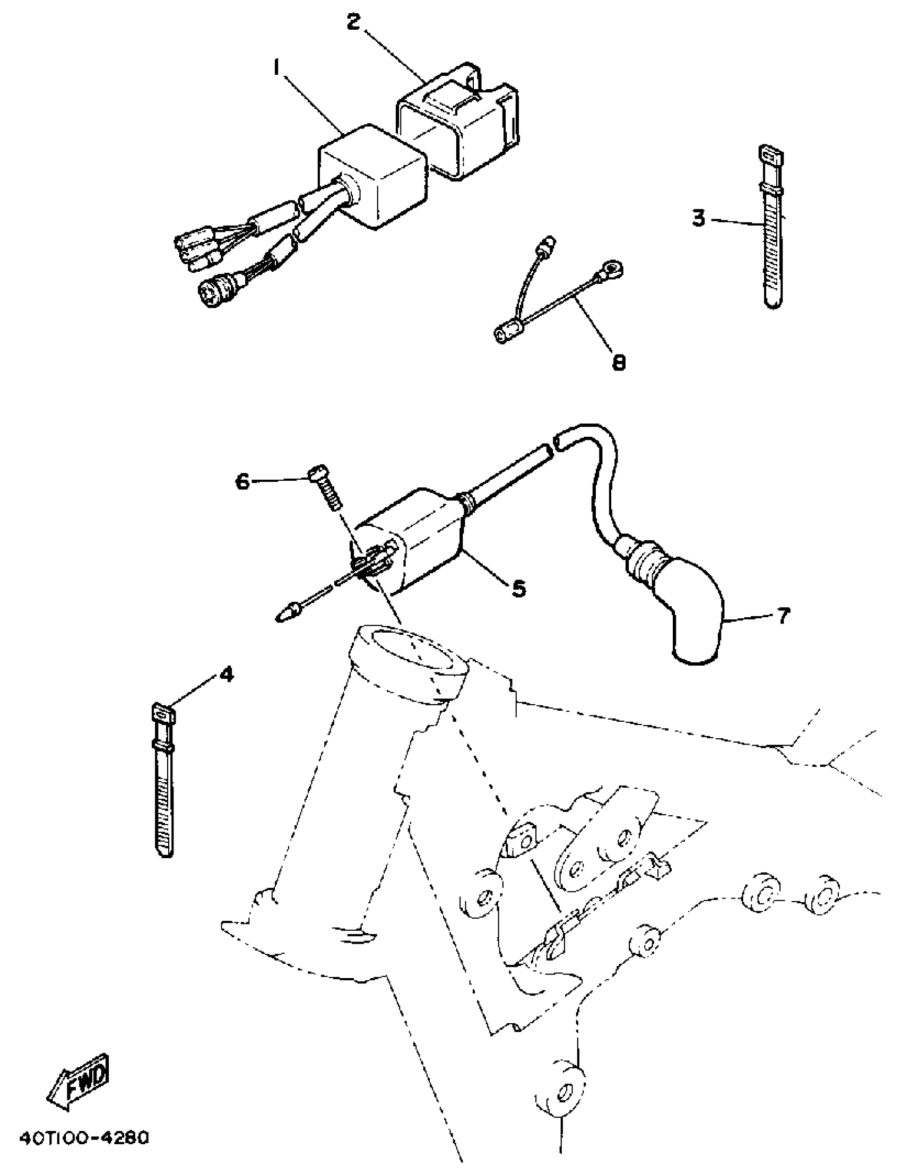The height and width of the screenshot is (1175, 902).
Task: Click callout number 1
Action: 277,69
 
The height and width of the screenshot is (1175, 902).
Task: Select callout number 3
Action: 698,219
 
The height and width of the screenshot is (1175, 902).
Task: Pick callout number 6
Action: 242,482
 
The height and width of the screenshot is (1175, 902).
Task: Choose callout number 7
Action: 783,616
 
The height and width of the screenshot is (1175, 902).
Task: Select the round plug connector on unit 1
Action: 210,291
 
